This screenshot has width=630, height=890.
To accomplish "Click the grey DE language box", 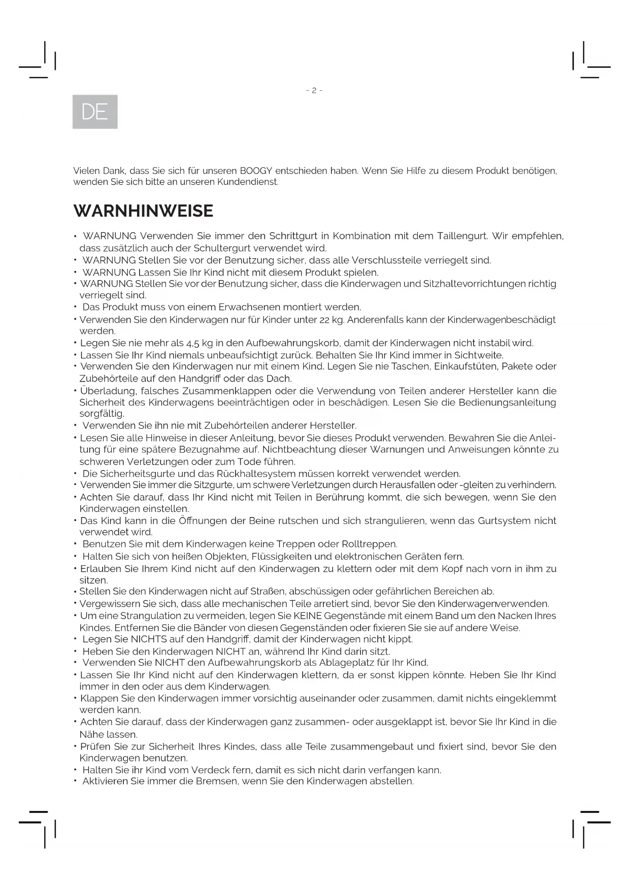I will pos(95,112).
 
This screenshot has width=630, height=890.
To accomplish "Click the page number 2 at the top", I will pos(314,90).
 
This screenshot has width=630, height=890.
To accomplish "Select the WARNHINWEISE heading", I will pos(143,211).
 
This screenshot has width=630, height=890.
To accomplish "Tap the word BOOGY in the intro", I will pos(256,171).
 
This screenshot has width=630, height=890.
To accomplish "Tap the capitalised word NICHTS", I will pos(149,639).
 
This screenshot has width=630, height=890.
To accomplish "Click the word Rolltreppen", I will pos(370,544).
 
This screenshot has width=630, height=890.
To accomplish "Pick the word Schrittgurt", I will pos(293,236).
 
